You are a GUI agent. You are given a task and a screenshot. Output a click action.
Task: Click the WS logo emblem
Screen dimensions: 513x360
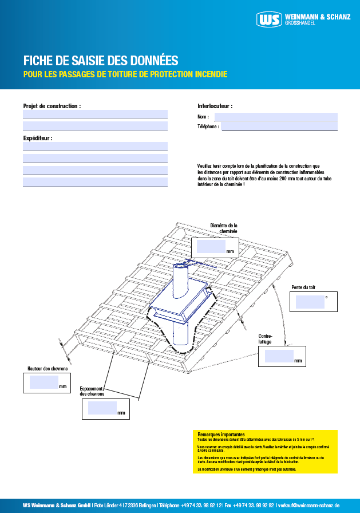point(270,19)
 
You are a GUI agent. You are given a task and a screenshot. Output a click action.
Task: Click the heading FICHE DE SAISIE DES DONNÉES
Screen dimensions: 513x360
point(101,60)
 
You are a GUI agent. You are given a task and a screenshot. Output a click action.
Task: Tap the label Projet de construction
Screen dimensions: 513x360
point(52,106)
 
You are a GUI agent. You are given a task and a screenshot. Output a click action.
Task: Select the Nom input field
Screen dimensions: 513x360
point(276,117)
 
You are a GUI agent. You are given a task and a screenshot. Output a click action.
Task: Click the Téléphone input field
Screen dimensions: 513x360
point(279,127)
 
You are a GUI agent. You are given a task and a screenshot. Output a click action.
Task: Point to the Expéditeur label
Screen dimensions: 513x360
point(38,138)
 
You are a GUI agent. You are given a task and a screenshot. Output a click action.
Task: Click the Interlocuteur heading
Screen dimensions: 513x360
point(215,106)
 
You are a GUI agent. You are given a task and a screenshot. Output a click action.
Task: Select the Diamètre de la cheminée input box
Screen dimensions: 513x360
point(211,247)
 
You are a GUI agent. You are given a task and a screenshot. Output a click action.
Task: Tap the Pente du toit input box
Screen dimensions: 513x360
point(310,302)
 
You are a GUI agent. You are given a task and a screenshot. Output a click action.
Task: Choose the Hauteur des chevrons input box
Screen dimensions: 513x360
point(44,382)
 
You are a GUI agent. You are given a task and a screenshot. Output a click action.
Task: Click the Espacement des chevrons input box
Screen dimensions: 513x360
point(102,408)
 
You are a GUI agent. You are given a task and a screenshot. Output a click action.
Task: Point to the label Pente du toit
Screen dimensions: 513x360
point(303,286)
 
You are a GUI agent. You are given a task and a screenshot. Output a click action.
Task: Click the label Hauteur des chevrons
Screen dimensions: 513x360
point(48,369)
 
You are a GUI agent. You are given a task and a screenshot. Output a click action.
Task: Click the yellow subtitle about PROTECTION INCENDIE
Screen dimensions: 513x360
point(125,74)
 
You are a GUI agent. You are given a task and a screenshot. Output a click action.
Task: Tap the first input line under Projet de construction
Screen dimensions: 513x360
point(95,114)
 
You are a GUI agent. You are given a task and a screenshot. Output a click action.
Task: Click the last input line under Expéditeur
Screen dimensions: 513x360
point(95,182)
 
